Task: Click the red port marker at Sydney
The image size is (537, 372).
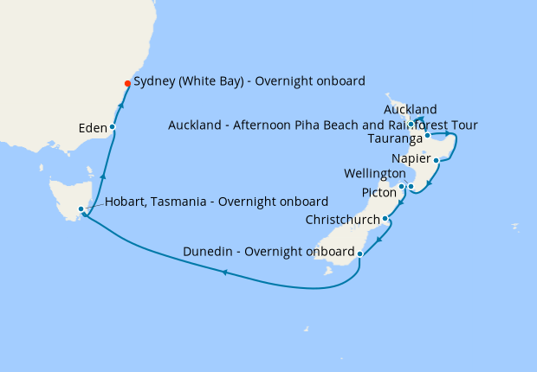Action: point(128,84)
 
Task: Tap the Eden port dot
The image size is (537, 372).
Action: point(113,127)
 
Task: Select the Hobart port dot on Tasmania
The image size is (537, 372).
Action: point(81,208)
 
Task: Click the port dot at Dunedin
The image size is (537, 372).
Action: point(359,253)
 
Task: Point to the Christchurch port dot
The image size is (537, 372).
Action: point(385,220)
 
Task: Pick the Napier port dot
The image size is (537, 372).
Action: point(437,160)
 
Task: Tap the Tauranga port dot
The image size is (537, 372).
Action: point(428,136)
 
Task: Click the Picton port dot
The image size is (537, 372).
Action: point(402,187)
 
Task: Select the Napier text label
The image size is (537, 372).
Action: point(410,158)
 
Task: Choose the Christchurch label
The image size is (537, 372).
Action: point(343,220)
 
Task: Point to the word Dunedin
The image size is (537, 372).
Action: point(208,253)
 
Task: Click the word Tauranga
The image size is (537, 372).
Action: point(395,138)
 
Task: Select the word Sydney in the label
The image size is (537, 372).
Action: point(156,81)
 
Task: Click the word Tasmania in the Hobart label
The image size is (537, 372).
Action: point(187,202)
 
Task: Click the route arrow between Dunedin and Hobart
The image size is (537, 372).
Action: point(225,273)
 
